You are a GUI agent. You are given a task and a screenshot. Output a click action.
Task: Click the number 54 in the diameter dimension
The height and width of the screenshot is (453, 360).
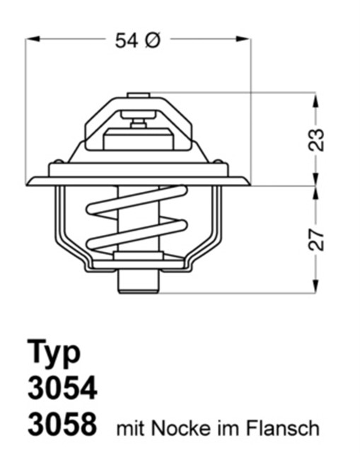coord(127,40)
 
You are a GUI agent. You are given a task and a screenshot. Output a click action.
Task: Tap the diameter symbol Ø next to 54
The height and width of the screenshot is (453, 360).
coord(153,40)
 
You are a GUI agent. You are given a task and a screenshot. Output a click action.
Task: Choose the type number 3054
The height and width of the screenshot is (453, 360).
coord(62,389)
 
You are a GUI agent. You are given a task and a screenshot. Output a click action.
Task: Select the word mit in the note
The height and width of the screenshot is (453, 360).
coord(128,428)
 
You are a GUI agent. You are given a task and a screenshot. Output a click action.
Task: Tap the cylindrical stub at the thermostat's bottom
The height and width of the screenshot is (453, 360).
coord(138,281)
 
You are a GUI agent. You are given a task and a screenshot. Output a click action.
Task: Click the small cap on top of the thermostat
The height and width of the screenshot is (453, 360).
coord(138,95)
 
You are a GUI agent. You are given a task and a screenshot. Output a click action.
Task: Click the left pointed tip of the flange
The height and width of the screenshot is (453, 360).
coord(28,183)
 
